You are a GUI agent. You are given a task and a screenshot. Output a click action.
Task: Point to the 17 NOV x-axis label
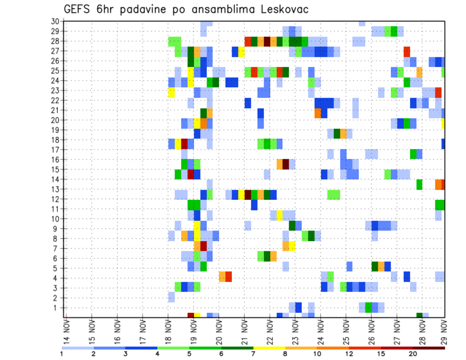coord(143,332)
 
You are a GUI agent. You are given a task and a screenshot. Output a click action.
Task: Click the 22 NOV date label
coord(269,332)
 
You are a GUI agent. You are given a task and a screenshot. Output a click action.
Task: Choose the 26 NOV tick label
coord(371,332)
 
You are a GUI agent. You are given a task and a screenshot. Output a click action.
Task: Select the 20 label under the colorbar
coord(413,354)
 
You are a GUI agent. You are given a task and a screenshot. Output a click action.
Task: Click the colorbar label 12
coord(349,354)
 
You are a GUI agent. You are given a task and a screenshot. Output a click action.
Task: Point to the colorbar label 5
coord(189,354)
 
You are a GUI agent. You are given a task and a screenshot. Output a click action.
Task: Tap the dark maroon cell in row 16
coord(285,164)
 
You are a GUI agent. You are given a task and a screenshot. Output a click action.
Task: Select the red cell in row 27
coord(407,51)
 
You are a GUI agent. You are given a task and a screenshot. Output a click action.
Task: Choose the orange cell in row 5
coord(381,266)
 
